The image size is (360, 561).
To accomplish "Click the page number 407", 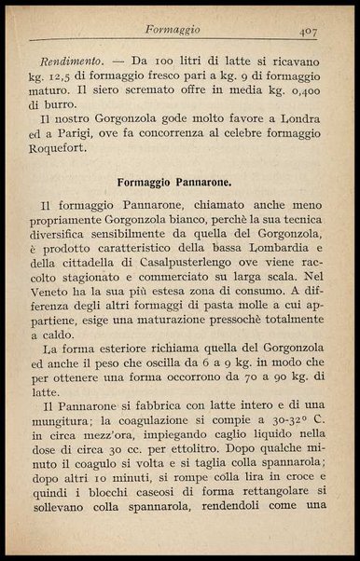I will [x=310, y=31].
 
